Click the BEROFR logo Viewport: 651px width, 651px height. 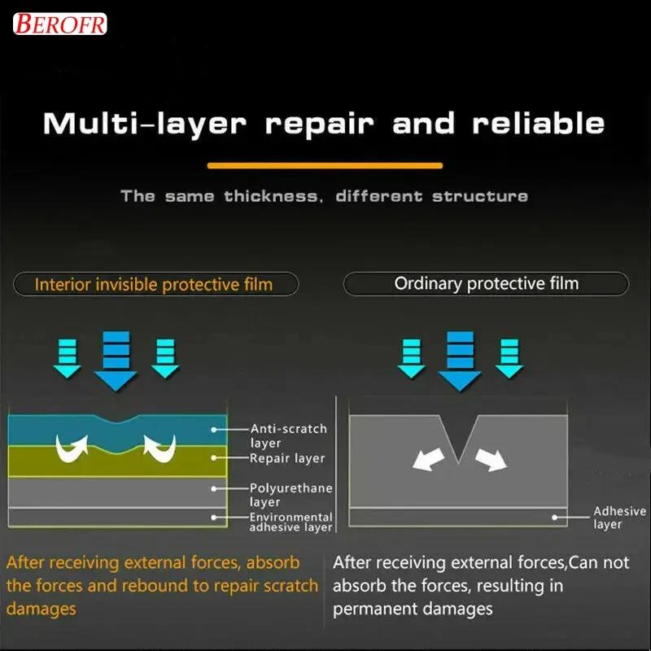59,24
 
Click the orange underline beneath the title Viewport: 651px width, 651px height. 325,166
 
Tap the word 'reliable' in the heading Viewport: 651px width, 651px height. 538,124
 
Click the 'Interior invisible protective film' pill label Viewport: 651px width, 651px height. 155,284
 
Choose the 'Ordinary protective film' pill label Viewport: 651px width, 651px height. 486,283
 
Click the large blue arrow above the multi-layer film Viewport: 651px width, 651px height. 116,360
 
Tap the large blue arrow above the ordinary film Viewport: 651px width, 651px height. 460,360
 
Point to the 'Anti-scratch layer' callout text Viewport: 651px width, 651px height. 289,435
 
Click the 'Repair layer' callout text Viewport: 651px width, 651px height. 287,458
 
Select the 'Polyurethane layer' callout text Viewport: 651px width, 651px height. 291,495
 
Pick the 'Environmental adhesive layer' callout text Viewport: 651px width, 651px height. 291,522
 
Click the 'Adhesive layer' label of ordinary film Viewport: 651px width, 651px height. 620,518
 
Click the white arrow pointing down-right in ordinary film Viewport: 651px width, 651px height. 492,459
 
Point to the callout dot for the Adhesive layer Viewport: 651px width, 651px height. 555,518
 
